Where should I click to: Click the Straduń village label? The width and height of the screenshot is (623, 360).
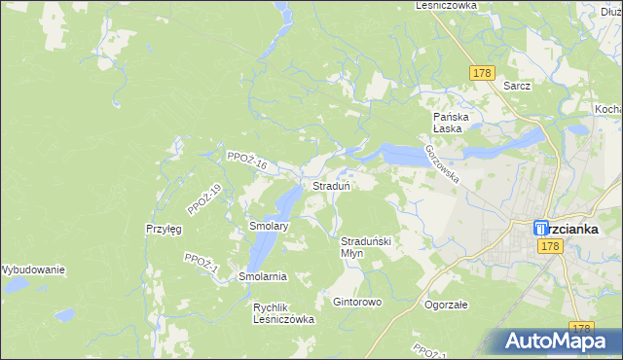(x=331, y=185)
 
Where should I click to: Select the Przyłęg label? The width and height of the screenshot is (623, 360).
(x=164, y=229)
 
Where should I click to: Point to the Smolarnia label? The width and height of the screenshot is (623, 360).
(x=263, y=276)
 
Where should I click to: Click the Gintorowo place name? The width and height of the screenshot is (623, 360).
(x=357, y=302)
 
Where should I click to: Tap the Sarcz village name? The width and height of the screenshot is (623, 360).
(x=517, y=86)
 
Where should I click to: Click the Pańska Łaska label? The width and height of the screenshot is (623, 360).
(x=452, y=124)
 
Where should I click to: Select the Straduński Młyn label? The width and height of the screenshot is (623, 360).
(x=365, y=246)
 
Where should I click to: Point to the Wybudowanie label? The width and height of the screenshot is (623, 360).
(x=32, y=269)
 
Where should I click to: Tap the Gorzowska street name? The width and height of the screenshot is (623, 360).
(x=441, y=161)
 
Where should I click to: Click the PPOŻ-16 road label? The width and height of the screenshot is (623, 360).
(x=245, y=162)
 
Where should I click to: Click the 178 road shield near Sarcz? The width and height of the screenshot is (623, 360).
(x=482, y=73)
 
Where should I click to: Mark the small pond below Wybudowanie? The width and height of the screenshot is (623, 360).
(x=64, y=315)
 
